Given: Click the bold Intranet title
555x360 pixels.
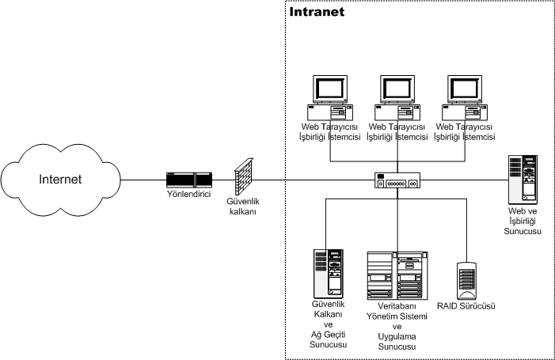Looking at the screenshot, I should pos(317,13).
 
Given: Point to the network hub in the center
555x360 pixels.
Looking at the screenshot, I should pos(399,180).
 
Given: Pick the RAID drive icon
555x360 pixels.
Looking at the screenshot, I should pos(467,279).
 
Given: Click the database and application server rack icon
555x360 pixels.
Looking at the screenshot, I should pos(397,278).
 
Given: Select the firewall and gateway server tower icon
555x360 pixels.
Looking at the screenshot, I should pos(330,273).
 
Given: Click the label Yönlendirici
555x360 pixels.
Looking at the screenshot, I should pos(188,194).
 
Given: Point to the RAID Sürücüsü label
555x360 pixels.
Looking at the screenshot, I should pos(467,305).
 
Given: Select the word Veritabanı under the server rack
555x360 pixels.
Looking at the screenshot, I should pos(397,306).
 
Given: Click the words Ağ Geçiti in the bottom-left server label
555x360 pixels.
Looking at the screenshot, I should pos(329,335).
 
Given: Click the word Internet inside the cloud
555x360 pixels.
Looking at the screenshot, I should pos(60,180).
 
